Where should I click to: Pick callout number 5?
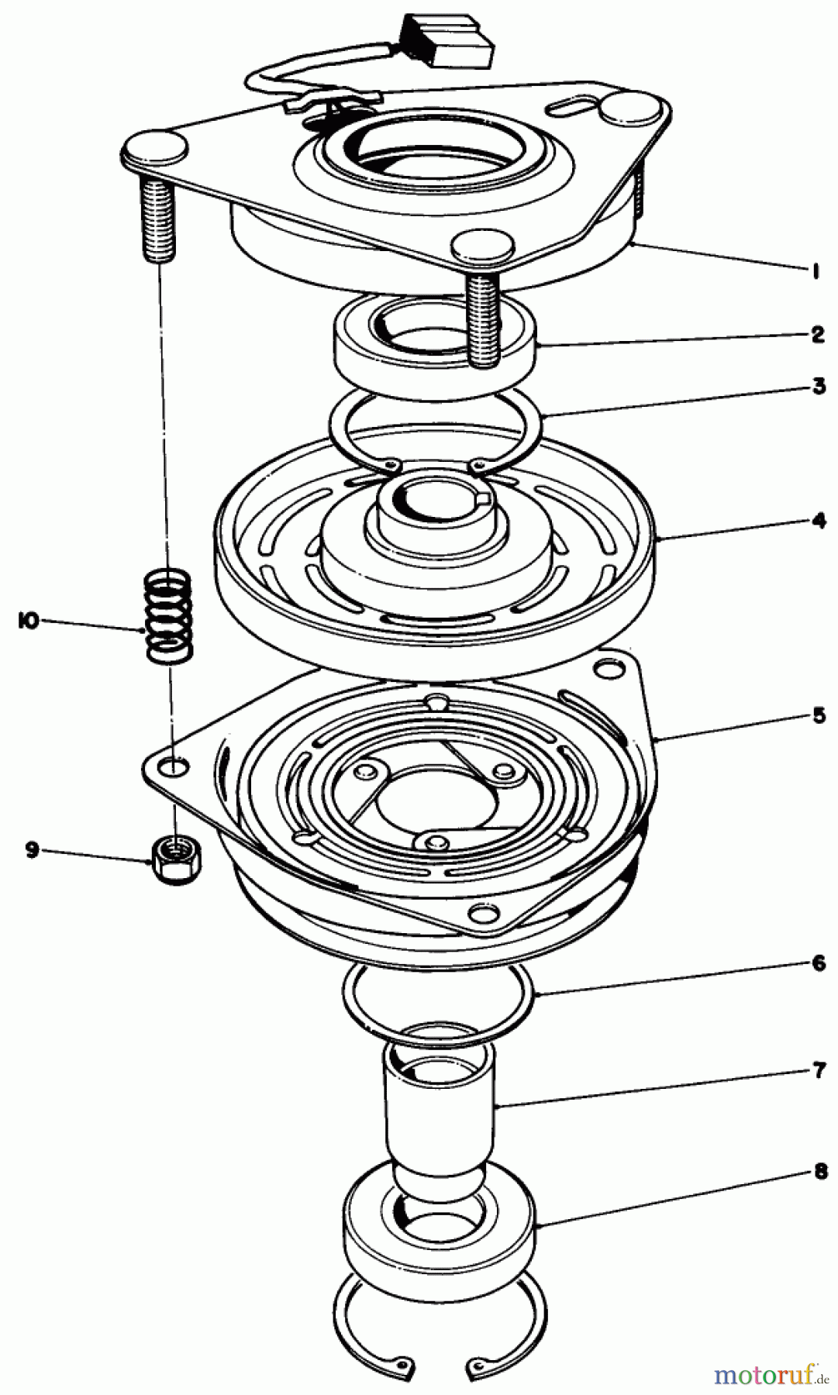[819, 715]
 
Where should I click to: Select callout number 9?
[32, 850]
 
